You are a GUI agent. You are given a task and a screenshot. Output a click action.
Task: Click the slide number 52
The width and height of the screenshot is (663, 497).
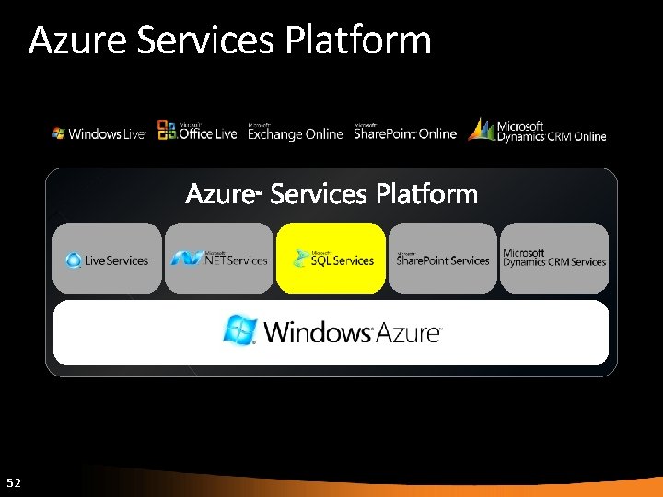click(13, 482)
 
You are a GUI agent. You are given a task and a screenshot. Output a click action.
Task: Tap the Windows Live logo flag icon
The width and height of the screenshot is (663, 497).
click(59, 133)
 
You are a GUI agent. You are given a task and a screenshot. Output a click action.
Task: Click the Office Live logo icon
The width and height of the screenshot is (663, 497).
click(167, 131)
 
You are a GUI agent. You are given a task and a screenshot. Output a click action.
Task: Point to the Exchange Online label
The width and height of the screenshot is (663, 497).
click(295, 133)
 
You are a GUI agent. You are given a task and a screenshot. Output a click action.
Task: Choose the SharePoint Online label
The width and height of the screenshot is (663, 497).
click(405, 133)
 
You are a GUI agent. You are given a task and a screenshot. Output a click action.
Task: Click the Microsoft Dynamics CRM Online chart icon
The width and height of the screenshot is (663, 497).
click(482, 130)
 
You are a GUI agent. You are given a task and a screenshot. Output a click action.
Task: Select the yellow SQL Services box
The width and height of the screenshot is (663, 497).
click(331, 259)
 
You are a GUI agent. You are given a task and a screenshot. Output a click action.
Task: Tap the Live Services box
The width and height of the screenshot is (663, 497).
click(108, 259)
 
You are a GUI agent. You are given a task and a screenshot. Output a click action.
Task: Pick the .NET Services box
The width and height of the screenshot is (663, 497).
click(219, 259)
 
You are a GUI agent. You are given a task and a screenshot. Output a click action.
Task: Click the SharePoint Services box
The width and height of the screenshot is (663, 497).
click(443, 259)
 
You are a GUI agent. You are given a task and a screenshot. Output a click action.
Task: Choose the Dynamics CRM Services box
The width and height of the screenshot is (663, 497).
click(554, 259)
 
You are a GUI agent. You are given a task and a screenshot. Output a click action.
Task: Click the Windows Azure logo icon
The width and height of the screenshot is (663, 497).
click(240, 329)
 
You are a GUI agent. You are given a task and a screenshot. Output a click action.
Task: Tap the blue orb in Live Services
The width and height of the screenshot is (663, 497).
click(74, 260)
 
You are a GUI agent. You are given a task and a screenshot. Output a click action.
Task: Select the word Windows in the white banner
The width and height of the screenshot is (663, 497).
click(317, 332)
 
